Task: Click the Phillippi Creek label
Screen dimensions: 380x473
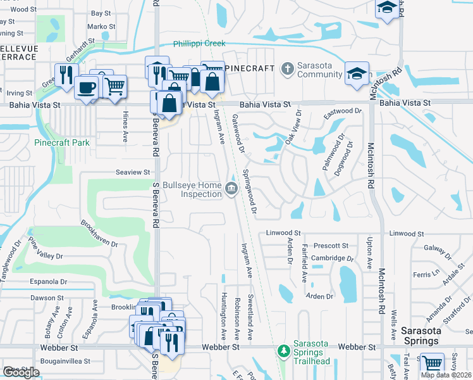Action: (x=199, y=44)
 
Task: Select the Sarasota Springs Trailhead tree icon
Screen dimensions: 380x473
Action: (x=284, y=350)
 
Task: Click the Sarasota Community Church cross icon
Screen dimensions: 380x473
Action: (x=287, y=68)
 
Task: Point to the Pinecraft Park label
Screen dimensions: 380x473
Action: (x=62, y=142)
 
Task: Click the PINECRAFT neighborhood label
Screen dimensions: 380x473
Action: (x=249, y=68)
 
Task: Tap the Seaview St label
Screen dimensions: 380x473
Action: (x=133, y=172)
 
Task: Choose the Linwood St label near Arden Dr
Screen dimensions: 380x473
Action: (x=283, y=233)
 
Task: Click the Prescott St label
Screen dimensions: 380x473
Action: (x=331, y=246)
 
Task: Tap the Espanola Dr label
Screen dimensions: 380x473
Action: (x=49, y=281)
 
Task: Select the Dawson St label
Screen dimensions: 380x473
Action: (x=43, y=298)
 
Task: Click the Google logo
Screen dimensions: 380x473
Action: (x=20, y=372)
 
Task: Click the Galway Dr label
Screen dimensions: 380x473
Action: (x=436, y=248)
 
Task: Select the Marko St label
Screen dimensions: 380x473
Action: (x=101, y=27)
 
